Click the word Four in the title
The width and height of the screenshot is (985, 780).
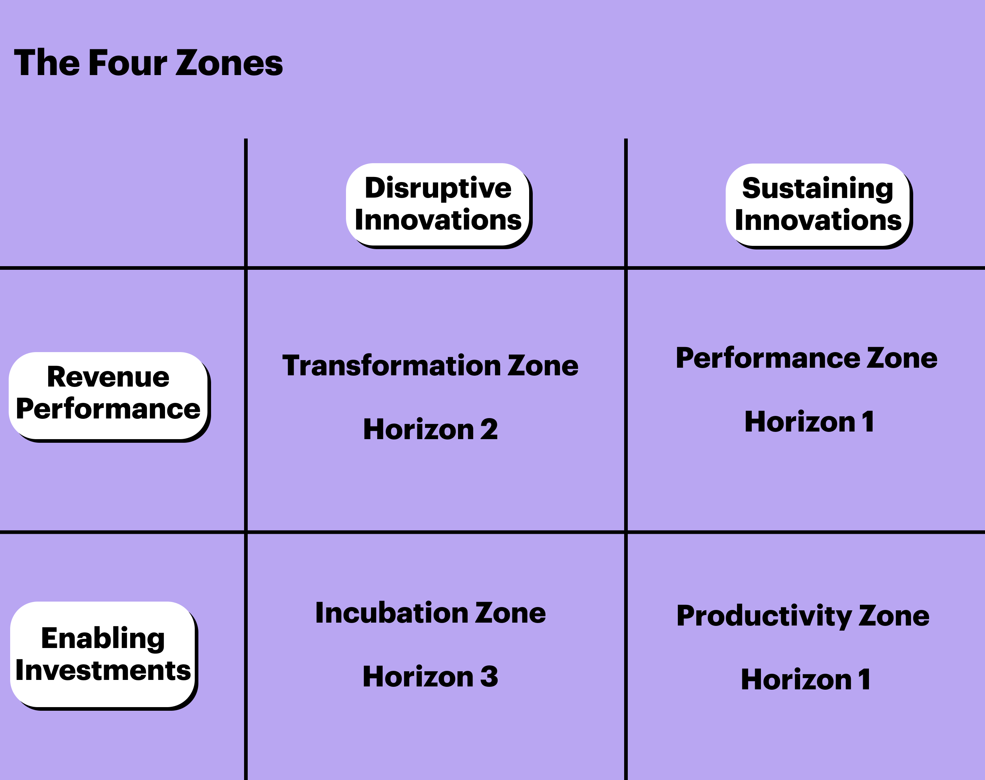pos(128,63)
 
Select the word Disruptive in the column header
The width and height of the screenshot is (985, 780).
pos(438,188)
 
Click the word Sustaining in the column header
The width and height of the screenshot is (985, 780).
pos(817,189)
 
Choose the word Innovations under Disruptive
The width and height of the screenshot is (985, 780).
pos(438,220)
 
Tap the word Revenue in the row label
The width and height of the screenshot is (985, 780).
pos(108,377)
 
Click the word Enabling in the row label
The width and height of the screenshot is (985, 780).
pos(103,639)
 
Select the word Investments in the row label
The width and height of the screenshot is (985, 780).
pos(103,670)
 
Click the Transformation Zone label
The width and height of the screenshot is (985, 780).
pos(430,366)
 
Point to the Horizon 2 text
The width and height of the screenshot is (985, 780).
pos(430,430)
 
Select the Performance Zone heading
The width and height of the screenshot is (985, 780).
pos(807,358)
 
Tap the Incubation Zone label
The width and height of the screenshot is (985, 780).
pos(430,613)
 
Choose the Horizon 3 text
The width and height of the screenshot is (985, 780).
pos(430,677)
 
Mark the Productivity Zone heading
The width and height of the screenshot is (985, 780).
pos(803,616)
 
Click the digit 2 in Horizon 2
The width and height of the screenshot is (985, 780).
pos(489,430)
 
